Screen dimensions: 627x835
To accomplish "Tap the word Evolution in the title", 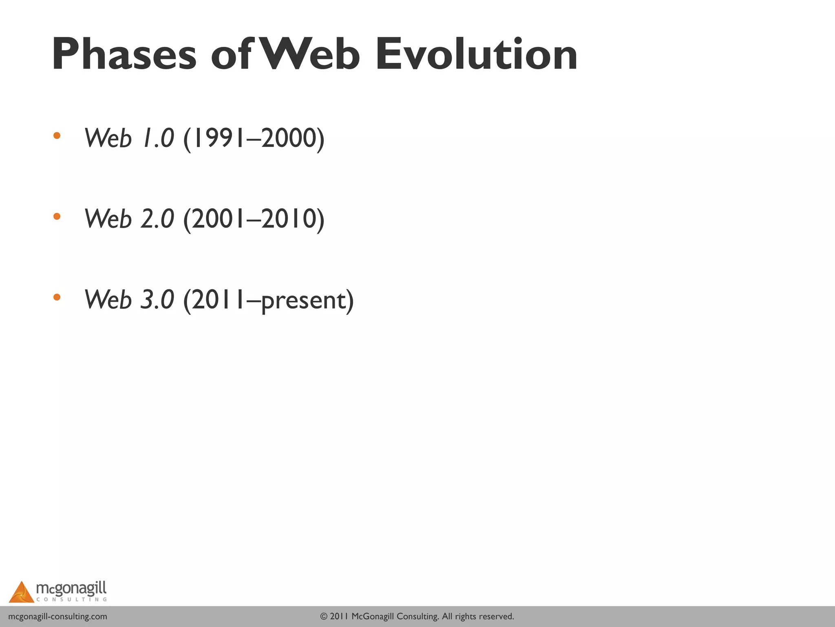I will point(476,54).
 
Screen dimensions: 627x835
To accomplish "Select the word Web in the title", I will point(310,54).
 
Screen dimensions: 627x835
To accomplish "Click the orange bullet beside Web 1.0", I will point(57,136).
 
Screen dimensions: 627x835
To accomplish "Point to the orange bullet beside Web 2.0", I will point(57,216).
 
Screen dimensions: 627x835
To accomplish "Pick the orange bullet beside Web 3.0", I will point(57,297).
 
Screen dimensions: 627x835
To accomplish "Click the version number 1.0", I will point(158,138).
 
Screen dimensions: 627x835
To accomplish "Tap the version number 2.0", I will point(157,219).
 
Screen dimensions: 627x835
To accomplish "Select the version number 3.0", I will point(157,300).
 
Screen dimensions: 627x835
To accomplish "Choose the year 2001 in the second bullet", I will point(219,219).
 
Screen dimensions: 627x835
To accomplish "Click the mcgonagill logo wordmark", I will point(71,589).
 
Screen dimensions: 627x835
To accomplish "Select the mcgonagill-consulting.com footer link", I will point(57,616).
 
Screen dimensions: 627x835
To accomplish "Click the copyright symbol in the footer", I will point(324,616).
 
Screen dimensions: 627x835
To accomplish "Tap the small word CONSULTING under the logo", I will point(71,600).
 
